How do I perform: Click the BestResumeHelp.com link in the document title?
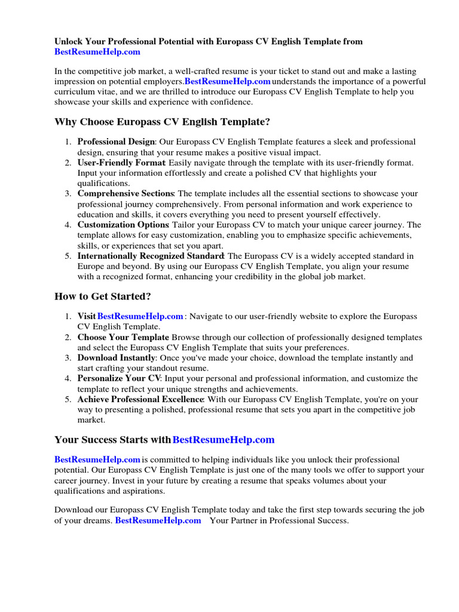click(x=97, y=52)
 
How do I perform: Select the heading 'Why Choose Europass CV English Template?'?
click(x=162, y=122)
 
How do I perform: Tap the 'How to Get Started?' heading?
click(x=103, y=296)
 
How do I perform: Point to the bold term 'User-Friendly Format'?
click(x=121, y=163)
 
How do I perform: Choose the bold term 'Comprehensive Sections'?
click(x=126, y=194)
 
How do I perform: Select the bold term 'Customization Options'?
click(x=123, y=225)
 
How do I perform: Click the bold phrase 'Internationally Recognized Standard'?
click(x=150, y=256)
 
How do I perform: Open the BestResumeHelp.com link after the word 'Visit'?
click(x=140, y=316)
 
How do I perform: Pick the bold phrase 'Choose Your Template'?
click(x=123, y=337)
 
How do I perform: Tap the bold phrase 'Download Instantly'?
click(x=116, y=358)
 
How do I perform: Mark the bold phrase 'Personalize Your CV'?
click(x=119, y=379)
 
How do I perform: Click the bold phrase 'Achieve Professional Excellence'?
click(x=140, y=399)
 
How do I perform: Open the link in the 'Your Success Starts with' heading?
click(x=224, y=440)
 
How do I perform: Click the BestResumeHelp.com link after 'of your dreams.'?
click(x=158, y=521)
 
